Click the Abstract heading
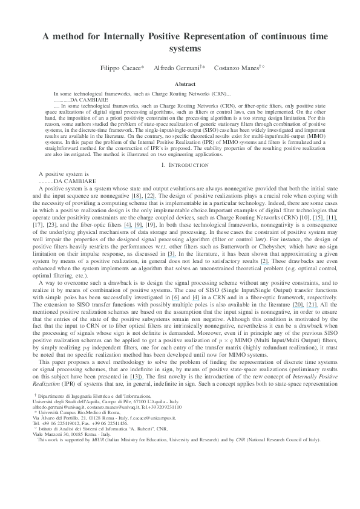pos(180,85)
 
